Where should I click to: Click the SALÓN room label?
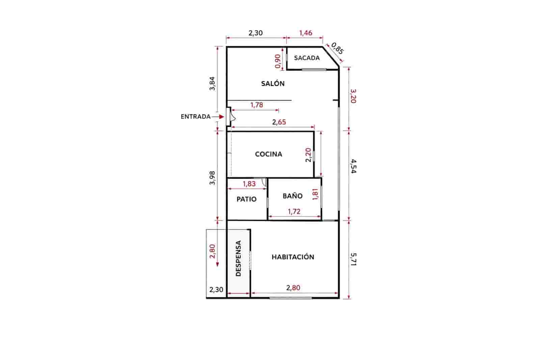(273, 83)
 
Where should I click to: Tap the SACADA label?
(306, 58)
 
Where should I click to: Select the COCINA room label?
(268, 154)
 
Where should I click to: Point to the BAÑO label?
(292, 196)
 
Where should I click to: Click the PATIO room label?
(246, 199)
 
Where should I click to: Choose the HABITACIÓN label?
(293, 257)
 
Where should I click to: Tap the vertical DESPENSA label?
(239, 258)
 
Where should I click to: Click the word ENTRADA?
(195, 117)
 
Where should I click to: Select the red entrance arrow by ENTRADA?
(220, 117)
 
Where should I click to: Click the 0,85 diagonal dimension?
(337, 48)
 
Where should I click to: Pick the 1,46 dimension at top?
(305, 33)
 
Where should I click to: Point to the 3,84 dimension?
(212, 83)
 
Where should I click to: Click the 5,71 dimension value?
(353, 259)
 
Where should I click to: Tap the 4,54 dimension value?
(353, 166)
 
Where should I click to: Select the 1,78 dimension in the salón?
(256, 105)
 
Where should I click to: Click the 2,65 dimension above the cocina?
(279, 122)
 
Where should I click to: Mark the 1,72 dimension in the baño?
(294, 211)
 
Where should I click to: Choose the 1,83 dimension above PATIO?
(249, 184)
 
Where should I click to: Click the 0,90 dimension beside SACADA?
(278, 61)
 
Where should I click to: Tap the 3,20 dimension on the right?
(353, 96)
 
